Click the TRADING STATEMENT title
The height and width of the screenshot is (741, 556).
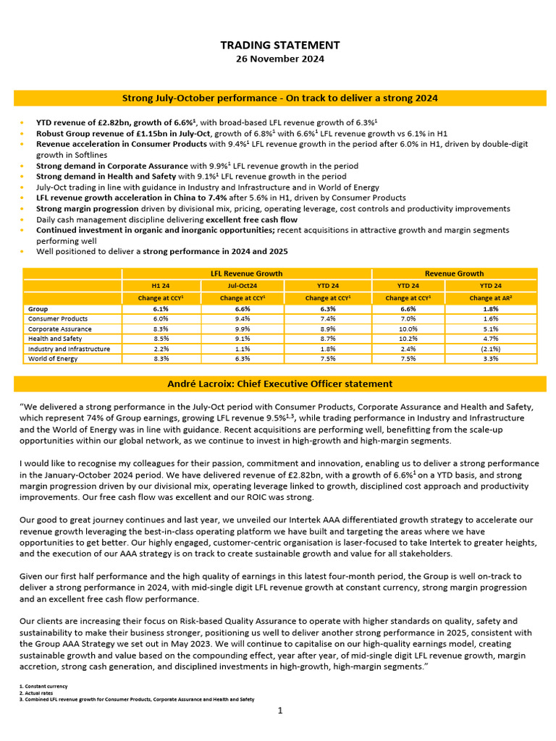click(x=279, y=45)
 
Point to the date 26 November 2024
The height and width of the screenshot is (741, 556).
click(x=279, y=59)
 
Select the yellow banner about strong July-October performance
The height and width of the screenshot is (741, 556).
click(x=279, y=98)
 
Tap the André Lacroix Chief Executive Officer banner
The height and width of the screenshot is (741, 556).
click(x=279, y=384)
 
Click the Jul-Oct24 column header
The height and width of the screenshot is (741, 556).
click(x=246, y=285)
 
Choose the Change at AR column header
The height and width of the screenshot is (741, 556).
click(x=491, y=297)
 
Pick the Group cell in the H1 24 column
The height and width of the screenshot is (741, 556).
click(x=161, y=308)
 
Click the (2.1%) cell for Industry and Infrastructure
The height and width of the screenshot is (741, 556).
click(x=491, y=348)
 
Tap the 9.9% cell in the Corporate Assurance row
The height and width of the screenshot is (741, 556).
click(x=246, y=329)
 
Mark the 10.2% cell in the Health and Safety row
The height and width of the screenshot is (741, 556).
click(x=410, y=339)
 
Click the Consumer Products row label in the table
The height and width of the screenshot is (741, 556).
click(x=58, y=318)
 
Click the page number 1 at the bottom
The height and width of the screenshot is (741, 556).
click(x=279, y=711)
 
